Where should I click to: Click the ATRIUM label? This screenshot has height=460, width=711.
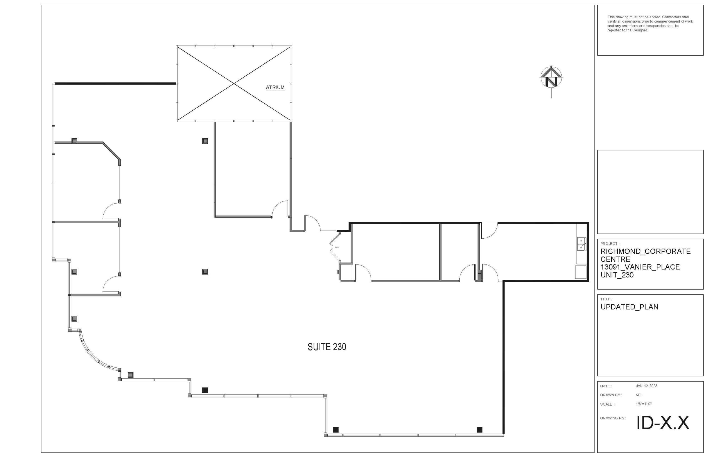tap(275, 87)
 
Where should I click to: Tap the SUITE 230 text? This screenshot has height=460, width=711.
tap(327, 347)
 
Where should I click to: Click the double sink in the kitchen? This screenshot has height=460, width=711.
tap(581, 244)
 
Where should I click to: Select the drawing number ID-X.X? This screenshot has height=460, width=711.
tap(663, 423)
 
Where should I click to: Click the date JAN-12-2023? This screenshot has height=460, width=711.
tap(647, 386)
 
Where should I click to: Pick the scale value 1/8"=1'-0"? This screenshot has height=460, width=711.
tap(644, 404)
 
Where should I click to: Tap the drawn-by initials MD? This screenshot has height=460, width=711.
tap(639, 395)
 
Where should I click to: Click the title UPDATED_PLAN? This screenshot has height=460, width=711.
tap(629, 307)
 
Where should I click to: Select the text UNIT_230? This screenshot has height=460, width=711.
tap(617, 275)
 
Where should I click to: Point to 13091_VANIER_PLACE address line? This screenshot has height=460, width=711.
tap(640, 267)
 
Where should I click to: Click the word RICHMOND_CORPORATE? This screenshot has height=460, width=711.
tap(645, 251)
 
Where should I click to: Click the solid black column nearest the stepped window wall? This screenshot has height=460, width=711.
tap(205, 390)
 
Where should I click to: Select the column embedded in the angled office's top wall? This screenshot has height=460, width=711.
tap(74, 141)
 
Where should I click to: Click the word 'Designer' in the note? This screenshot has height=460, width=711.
tap(640, 30)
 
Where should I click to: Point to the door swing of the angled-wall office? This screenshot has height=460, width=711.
tap(111, 210)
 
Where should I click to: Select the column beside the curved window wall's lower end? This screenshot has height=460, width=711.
tap(131, 375)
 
